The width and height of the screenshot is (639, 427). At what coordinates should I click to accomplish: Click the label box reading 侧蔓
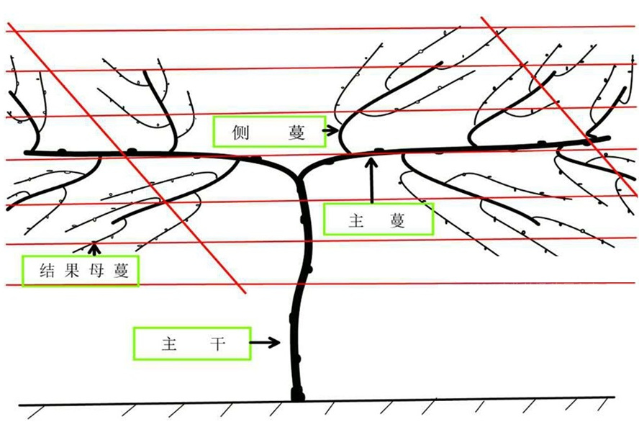coord(269,131)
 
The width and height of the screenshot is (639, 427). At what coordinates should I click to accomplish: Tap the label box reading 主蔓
coord(379,219)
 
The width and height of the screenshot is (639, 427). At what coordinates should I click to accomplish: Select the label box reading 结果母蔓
coord(81,271)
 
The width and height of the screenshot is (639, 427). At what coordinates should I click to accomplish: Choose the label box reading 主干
coord(192,343)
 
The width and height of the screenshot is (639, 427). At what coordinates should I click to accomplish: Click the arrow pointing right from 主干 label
coord(265,342)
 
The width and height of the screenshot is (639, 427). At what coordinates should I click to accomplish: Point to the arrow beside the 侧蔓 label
coord(330,130)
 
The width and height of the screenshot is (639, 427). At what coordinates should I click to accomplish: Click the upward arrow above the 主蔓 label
coord(371,180)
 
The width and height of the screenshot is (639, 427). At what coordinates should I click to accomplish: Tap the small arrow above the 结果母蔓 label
coord(94,248)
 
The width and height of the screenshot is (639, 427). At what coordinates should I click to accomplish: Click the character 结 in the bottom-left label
coord(47,271)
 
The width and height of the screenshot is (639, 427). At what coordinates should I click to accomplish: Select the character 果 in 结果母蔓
coord(71,271)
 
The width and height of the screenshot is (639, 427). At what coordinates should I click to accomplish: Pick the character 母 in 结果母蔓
coord(96,271)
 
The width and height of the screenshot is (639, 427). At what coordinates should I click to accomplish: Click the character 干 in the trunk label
coord(218,343)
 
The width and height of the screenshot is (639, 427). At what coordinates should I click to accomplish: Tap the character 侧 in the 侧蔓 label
coord(240,132)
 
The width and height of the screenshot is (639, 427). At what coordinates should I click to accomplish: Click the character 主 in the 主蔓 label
coord(356,220)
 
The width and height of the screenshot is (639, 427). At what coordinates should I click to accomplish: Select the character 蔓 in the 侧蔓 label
coord(296,132)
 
